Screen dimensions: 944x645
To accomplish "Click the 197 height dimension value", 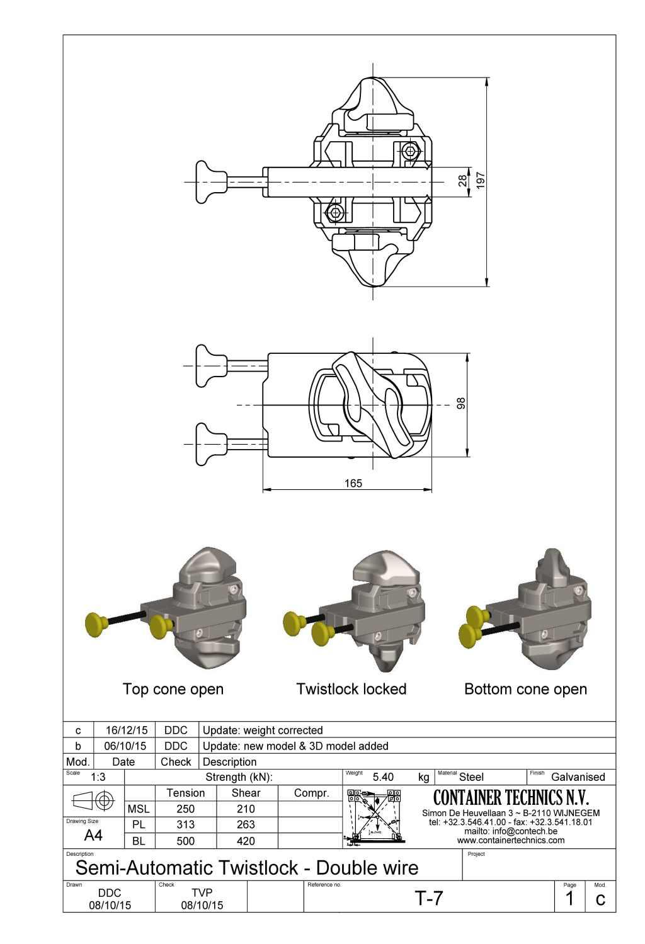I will point(481,180).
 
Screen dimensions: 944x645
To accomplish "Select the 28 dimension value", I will point(463,181).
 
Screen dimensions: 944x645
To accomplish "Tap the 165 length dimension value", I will point(353,483).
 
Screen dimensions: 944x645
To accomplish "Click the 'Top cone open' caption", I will point(173,689).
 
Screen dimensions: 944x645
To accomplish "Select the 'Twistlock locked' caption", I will point(351,689).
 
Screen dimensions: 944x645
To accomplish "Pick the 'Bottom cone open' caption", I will point(525,689).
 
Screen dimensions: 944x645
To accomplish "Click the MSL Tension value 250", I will point(185,809).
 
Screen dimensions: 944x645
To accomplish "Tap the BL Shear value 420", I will point(246,841).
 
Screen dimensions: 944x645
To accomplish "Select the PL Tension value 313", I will point(185,825).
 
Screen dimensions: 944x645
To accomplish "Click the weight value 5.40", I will point(383,777).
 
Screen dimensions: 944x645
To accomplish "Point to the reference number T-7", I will point(429,898).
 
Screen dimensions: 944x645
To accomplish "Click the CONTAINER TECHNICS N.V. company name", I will point(511,798).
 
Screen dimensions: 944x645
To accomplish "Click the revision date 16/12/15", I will point(127,731).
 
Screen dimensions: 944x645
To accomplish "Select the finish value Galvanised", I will point(578,777).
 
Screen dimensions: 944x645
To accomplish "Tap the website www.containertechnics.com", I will point(511,840).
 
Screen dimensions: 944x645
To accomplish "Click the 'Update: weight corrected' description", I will point(263,731).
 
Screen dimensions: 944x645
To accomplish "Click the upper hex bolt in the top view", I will point(411,151).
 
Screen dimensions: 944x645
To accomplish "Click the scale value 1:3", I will point(98,777).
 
